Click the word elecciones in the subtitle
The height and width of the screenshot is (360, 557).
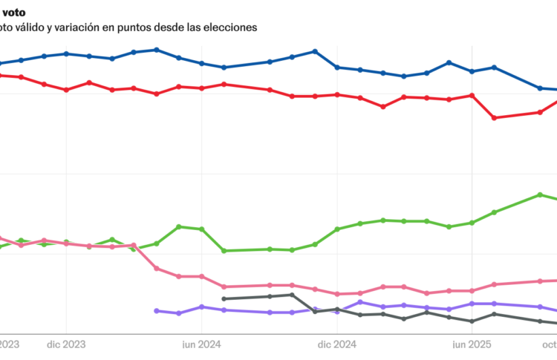[x=230, y=27]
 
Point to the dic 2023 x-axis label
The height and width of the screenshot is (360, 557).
[x=66, y=344]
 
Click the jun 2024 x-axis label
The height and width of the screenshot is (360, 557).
[x=201, y=344]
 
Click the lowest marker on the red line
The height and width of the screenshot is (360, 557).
[x=495, y=117]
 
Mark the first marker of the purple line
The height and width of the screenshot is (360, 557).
[x=156, y=311]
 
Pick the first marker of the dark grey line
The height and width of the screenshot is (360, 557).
[x=224, y=299]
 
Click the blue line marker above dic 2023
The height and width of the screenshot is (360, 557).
[x=66, y=53]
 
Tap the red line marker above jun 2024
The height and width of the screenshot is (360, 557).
[x=201, y=88]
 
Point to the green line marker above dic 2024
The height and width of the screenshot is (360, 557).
[x=337, y=229]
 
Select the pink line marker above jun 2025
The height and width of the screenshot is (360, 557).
[x=472, y=291]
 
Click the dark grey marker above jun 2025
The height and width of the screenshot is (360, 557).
[x=472, y=321]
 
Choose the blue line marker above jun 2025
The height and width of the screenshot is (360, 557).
[x=472, y=71]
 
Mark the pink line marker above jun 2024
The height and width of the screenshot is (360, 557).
[x=201, y=276]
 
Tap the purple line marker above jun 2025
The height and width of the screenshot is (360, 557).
[x=472, y=304]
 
